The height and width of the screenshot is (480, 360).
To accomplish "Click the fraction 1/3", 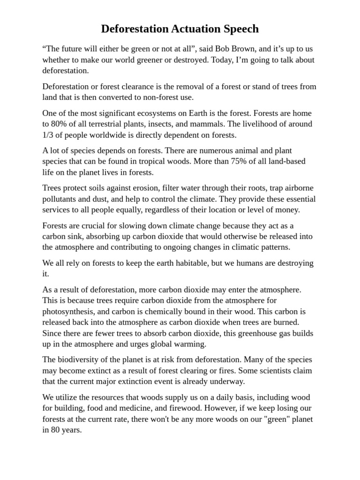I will coord(48,135).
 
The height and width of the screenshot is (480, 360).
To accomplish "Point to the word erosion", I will coord(145,188).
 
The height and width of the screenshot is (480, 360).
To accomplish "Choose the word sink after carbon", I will coord(77,236).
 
